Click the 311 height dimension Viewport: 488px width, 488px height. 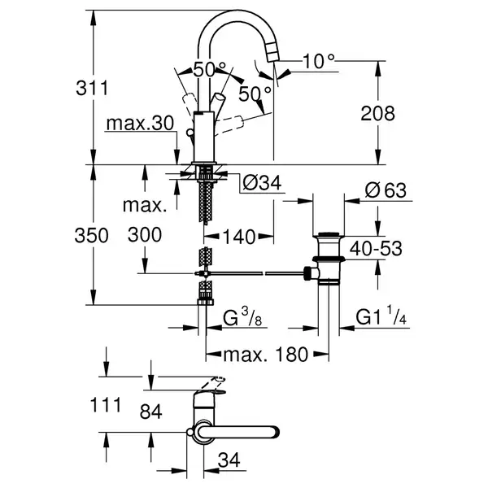click(92, 88)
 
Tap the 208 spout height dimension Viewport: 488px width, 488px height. click(378, 113)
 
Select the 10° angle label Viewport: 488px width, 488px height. click(318, 61)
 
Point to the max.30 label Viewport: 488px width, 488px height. click(140, 124)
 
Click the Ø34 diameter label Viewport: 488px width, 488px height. click(262, 183)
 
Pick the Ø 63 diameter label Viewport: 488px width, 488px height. click(386, 190)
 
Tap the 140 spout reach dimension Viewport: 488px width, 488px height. click(239, 237)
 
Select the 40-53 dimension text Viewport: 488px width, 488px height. click(376, 248)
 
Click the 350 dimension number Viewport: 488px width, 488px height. click(91, 235)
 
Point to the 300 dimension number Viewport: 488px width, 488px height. click(145, 235)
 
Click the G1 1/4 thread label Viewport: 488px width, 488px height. click(381, 316)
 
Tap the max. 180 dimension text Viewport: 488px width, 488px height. click(266, 355)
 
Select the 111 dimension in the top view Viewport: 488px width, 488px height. click(106, 405)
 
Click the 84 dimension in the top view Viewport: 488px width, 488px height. click(151, 412)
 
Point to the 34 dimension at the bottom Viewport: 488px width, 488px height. click(229, 460)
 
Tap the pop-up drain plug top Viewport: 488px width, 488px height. click(329, 233)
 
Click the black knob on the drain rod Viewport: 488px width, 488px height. click(307, 273)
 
